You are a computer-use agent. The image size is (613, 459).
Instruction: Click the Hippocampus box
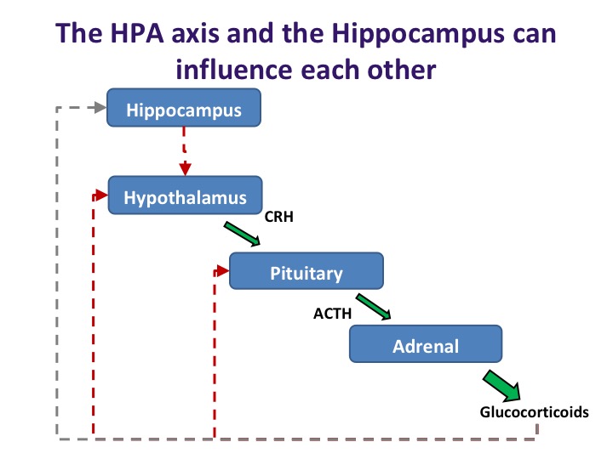(184, 108)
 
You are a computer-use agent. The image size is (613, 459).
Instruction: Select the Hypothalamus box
(185, 195)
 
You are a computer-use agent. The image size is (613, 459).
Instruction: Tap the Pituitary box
(306, 271)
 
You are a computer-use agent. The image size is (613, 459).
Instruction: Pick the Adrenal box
(426, 344)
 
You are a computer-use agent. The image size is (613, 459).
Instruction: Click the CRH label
(278, 217)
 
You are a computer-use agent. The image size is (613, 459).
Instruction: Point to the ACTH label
(332, 314)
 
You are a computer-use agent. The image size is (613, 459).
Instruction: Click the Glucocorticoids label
(534, 412)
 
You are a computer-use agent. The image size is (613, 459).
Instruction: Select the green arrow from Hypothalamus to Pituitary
(242, 234)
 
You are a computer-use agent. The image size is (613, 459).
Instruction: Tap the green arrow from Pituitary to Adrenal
(374, 307)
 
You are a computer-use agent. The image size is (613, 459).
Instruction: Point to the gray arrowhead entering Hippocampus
(100, 107)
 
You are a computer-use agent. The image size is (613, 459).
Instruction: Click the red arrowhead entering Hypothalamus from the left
(101, 195)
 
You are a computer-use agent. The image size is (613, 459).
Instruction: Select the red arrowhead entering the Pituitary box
(223, 270)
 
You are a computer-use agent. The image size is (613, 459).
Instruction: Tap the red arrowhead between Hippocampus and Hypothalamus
(186, 169)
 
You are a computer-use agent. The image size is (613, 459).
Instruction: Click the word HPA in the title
(137, 33)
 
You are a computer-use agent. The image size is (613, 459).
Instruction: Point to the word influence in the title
(234, 70)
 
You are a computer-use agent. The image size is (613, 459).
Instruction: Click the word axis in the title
(195, 34)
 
